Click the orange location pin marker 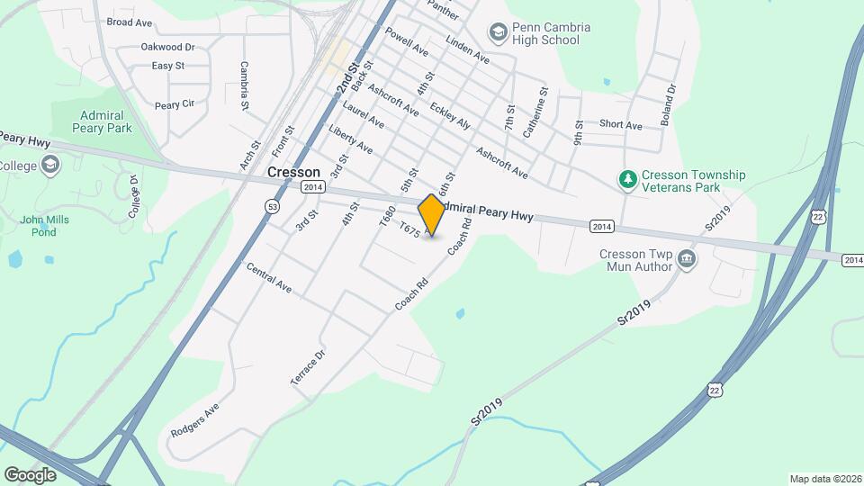[432, 214]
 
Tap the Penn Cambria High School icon [498, 33]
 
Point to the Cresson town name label [293, 171]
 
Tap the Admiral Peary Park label [106, 121]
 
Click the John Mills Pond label [39, 225]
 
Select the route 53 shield [272, 206]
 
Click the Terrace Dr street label [307, 368]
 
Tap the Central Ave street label [268, 278]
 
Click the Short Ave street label [621, 125]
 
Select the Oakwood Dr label [167, 47]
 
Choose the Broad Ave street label [130, 22]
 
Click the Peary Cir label [175, 104]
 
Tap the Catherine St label [535, 112]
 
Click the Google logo [30, 474]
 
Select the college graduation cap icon [50, 165]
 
